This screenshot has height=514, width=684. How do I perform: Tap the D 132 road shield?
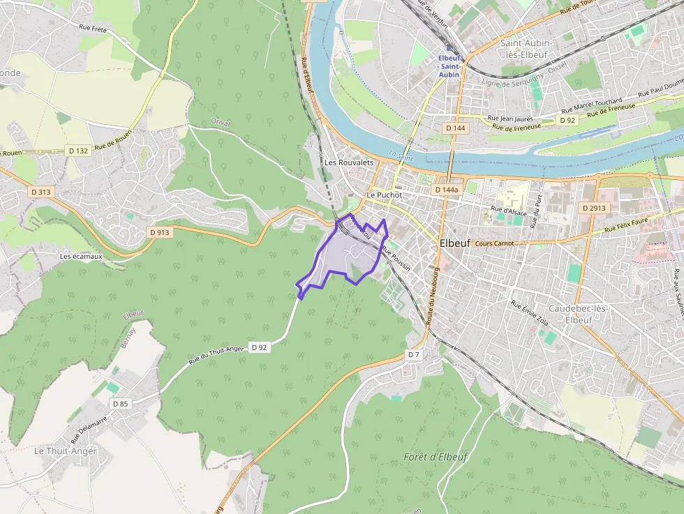click(78, 151)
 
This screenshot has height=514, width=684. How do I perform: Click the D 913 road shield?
click(160, 232)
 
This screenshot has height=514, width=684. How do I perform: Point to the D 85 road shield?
click(120, 404)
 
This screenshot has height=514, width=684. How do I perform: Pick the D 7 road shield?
click(414, 355)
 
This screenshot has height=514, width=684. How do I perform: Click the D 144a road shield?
click(446, 190)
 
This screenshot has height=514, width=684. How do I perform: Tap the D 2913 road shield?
click(595, 208)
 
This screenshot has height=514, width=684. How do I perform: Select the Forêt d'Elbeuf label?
click(436, 457)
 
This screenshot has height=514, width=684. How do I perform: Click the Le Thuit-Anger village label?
click(66, 451)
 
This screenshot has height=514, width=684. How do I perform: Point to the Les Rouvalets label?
click(349, 162)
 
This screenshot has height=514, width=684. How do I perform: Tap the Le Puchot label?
click(384, 195)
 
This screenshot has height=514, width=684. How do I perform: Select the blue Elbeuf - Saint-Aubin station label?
click(449, 66)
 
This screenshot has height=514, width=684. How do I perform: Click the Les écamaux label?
click(81, 256)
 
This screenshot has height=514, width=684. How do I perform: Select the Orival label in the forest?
click(220, 122)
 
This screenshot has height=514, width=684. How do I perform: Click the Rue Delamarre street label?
click(89, 430)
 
